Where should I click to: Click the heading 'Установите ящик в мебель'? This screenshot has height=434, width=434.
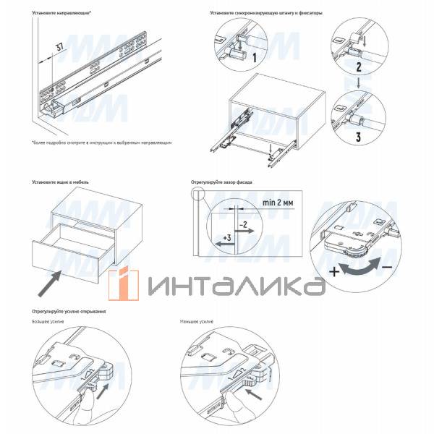click(x=61, y=182)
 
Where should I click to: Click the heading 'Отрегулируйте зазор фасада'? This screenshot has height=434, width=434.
click(x=221, y=182)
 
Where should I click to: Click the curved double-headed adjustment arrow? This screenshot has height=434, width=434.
click(x=359, y=268)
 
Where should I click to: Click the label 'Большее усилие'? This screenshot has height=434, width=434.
click(x=48, y=321)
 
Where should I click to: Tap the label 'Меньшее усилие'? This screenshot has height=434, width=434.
click(x=197, y=321)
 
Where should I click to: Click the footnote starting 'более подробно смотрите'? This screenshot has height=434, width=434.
click(x=101, y=143)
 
